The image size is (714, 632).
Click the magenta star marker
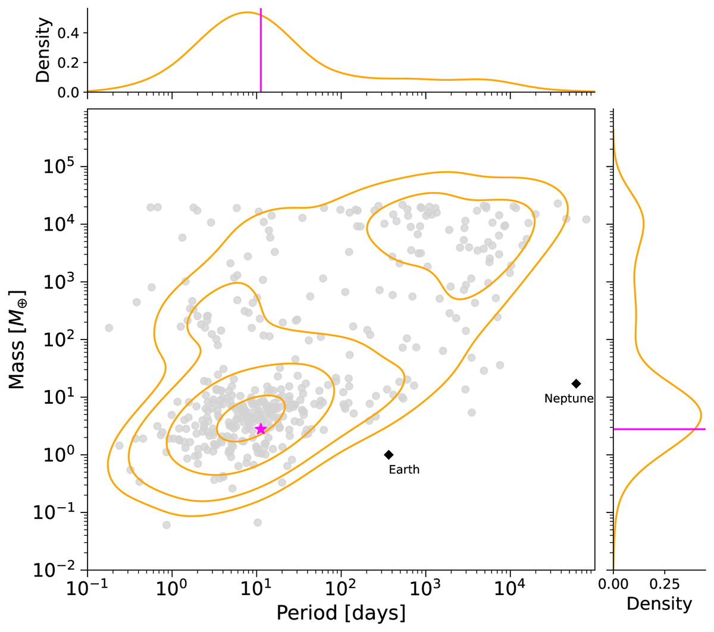[x=261, y=429]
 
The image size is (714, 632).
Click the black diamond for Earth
[x=389, y=455]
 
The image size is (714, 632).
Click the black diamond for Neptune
[x=576, y=383]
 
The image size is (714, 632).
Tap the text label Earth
[x=404, y=470]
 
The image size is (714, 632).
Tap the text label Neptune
[x=569, y=399]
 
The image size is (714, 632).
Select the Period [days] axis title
[x=341, y=613]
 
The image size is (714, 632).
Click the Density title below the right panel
[x=659, y=604]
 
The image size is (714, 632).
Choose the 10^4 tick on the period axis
[x=510, y=590]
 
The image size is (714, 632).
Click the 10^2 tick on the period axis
[x=341, y=590]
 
